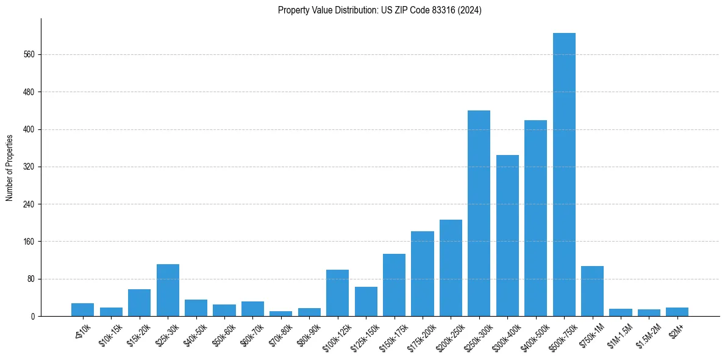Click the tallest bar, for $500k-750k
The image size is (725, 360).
tap(564, 175)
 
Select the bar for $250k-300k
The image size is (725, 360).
tap(479, 214)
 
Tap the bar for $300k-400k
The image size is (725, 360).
tap(507, 236)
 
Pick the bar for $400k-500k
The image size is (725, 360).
tap(535, 218)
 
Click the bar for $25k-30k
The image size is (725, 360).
tap(168, 290)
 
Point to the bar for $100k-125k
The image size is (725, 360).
tap(337, 293)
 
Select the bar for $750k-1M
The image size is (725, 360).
tap(592, 291)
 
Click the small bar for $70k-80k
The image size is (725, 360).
tap(281, 314)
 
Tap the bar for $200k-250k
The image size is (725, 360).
tap(451, 268)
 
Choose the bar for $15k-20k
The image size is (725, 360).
tap(139, 303)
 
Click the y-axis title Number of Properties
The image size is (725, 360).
tap(10, 167)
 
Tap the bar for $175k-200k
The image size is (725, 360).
tap(422, 274)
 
